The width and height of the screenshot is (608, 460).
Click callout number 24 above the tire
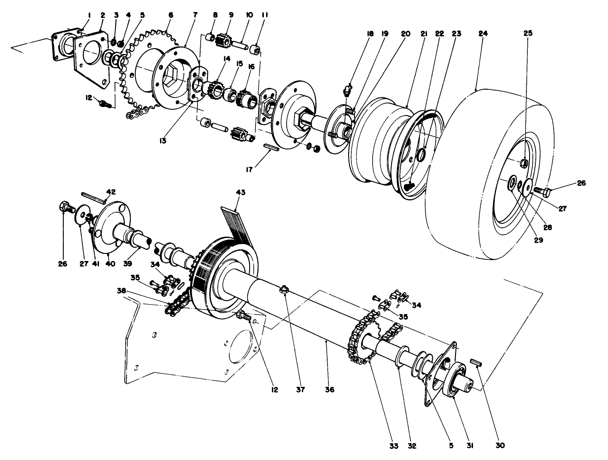[x=483, y=33]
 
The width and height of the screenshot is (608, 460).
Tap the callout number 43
[x=240, y=192]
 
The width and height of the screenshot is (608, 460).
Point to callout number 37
[x=300, y=390]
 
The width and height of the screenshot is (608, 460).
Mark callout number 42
[x=111, y=191]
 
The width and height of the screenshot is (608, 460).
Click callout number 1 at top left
[x=89, y=15]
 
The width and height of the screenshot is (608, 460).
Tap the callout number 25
[x=528, y=33]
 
